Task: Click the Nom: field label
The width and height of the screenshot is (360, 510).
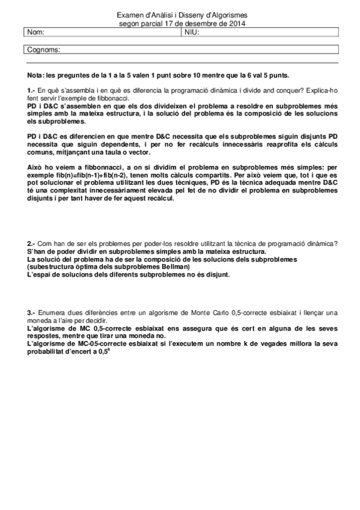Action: (x=36, y=32)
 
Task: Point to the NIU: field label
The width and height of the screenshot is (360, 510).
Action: (x=191, y=32)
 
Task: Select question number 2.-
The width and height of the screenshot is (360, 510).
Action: (x=32, y=243)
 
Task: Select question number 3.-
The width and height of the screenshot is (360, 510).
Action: (x=32, y=313)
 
